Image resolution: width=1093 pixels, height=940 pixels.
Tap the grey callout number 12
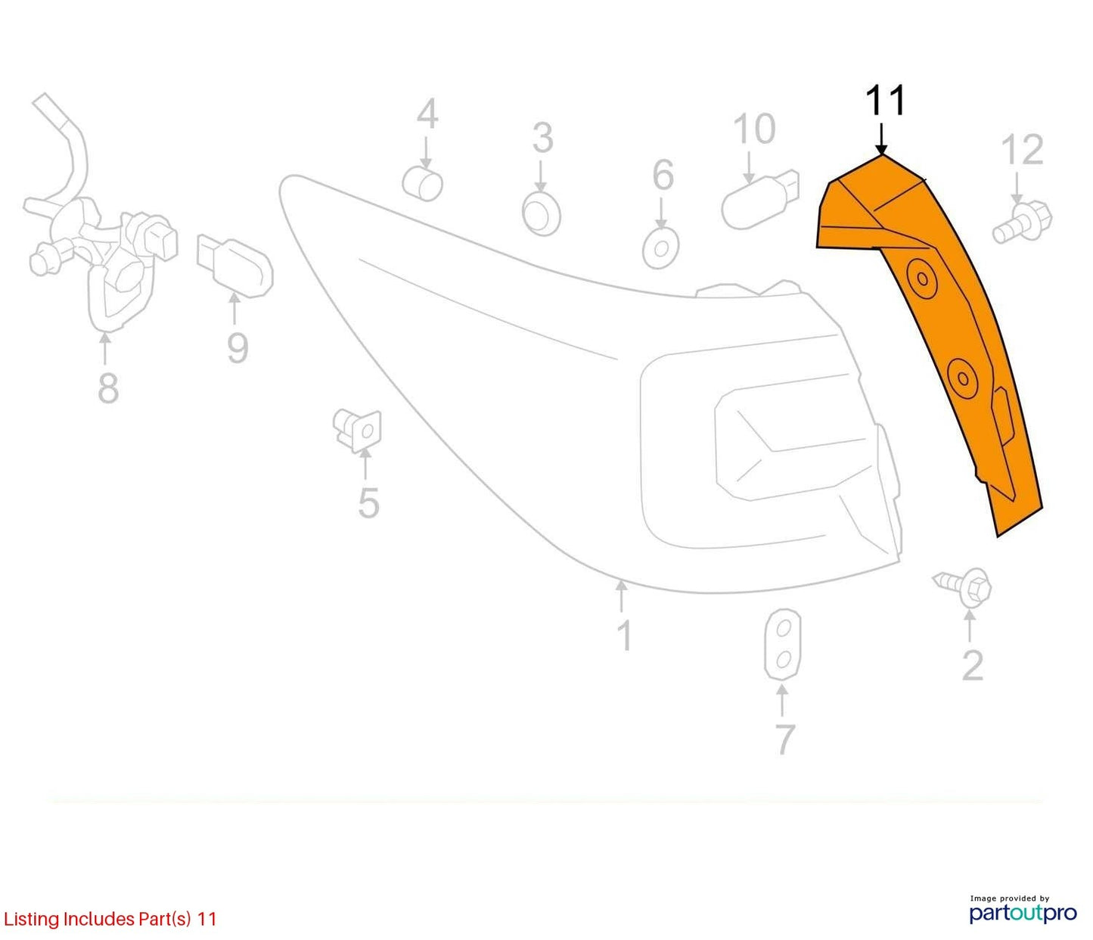[x=1022, y=150]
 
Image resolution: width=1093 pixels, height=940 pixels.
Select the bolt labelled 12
[x=1023, y=223]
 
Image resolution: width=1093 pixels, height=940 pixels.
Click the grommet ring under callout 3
[x=541, y=213]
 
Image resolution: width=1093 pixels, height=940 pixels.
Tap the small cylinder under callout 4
[x=422, y=184]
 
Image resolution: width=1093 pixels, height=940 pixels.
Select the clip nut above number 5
[x=358, y=431]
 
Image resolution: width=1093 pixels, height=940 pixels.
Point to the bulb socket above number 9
[x=234, y=264]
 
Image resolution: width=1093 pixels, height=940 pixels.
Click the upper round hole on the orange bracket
[x=922, y=279]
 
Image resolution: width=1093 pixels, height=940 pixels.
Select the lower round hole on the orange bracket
[x=962, y=378]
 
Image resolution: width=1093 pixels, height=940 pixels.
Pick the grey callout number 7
[x=784, y=739]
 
